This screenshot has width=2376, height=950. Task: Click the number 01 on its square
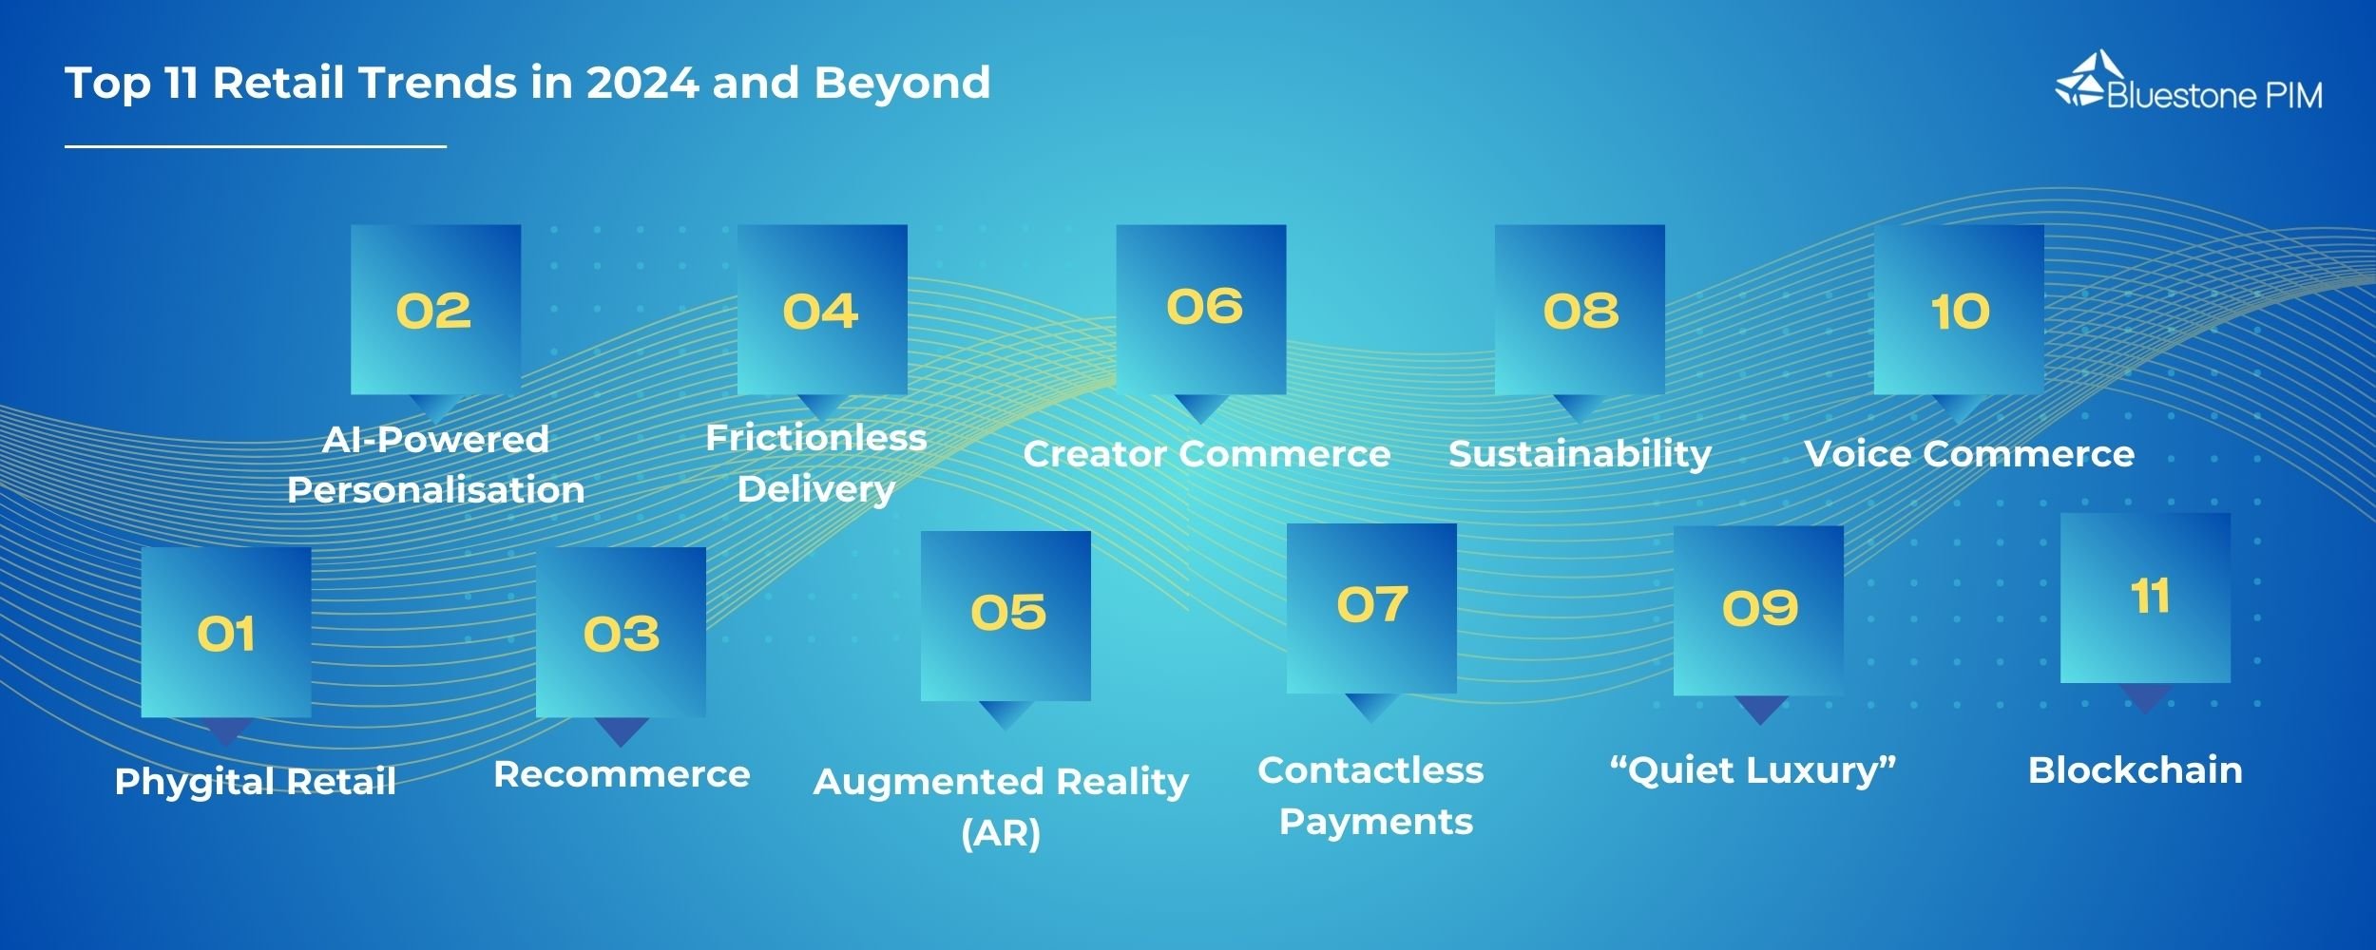226,634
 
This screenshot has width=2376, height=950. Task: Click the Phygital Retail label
255,782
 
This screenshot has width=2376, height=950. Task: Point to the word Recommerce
622,774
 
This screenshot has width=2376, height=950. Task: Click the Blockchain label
2135,770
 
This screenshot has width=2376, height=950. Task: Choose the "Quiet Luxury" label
1753,770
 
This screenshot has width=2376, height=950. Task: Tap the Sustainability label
1580,454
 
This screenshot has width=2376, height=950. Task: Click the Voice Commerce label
1968,454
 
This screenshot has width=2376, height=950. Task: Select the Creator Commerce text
1206,454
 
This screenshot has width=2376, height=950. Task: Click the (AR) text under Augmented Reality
1001,833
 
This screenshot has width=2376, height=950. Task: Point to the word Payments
1375,822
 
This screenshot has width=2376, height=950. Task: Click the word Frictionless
815,438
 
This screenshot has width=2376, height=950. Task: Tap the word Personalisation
435,490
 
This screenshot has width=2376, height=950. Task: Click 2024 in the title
642,83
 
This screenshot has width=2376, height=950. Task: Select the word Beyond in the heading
902,83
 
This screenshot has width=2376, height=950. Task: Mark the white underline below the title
255,146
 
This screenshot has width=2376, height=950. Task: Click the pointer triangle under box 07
1370,707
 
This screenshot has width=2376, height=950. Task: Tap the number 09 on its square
1759,608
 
